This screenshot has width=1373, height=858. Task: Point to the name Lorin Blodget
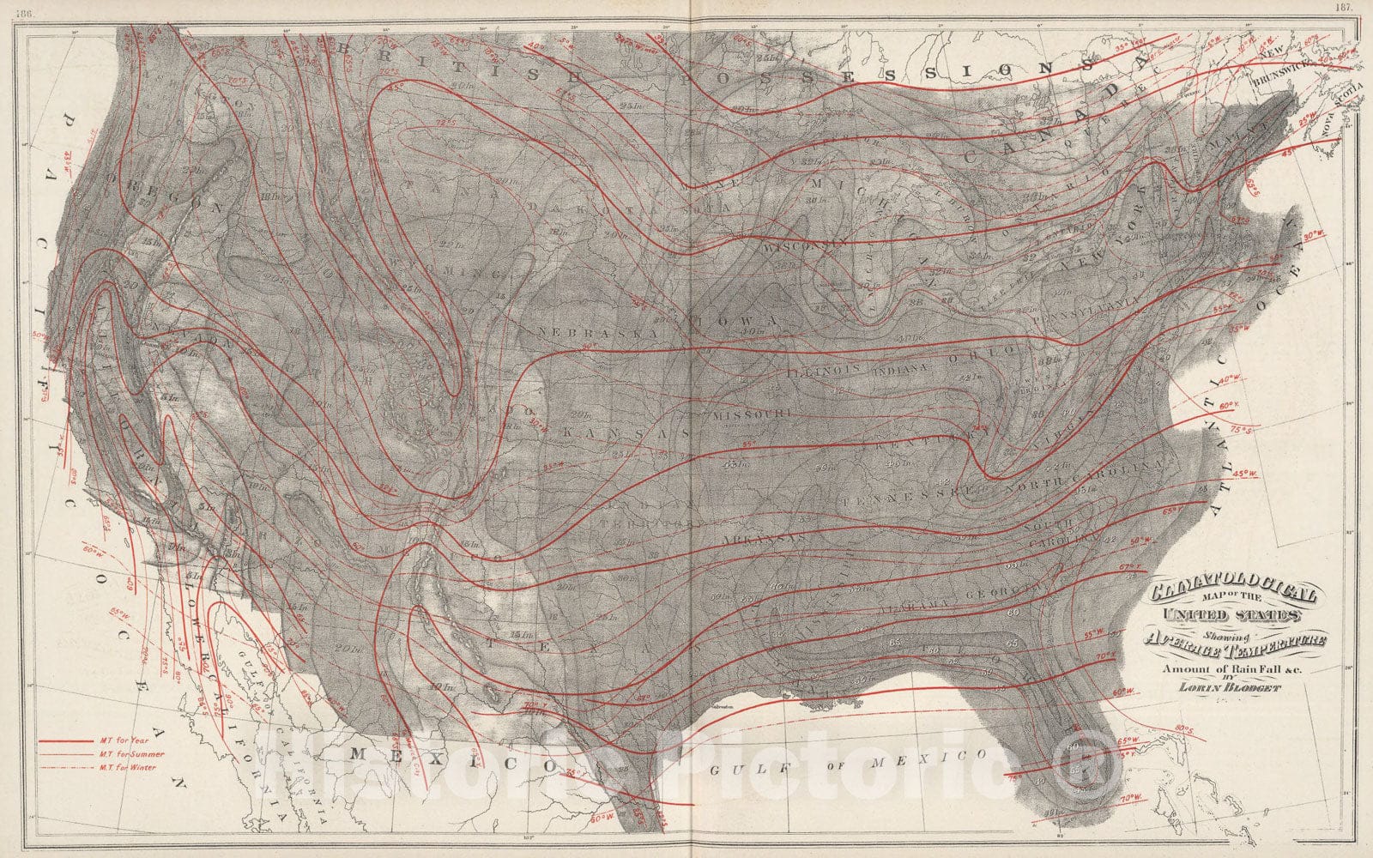tap(1232, 686)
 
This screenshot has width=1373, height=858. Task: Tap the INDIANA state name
tap(900, 367)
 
